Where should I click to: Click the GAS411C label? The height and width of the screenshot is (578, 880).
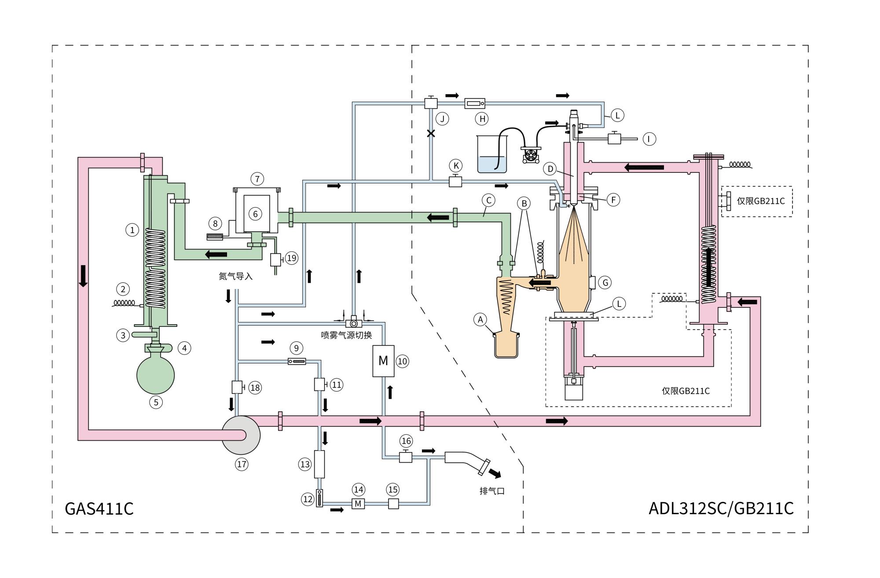(x=99, y=508)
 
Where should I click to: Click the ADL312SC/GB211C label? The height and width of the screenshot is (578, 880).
(x=721, y=508)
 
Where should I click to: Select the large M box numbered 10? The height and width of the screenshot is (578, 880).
(x=383, y=361)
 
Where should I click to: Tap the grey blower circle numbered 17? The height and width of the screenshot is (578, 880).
(x=241, y=435)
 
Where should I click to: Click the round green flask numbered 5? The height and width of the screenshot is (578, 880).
(x=156, y=375)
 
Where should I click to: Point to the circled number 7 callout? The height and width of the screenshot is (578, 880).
(x=257, y=179)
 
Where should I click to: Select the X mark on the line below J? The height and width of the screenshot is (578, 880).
(x=431, y=133)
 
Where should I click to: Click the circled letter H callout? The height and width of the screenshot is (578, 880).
(x=482, y=119)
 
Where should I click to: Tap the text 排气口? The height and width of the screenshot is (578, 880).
(x=492, y=491)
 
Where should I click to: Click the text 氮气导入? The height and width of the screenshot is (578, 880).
(x=236, y=276)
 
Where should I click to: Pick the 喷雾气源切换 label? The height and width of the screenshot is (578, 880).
(x=346, y=335)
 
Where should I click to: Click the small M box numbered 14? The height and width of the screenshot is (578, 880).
(x=358, y=504)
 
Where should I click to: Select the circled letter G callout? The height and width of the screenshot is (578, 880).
(x=605, y=282)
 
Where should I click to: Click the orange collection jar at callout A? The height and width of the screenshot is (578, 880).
(x=506, y=345)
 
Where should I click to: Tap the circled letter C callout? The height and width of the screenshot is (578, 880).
(x=488, y=200)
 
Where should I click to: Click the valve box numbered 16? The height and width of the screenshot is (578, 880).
(x=405, y=457)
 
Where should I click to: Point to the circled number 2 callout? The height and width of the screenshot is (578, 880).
(x=123, y=289)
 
